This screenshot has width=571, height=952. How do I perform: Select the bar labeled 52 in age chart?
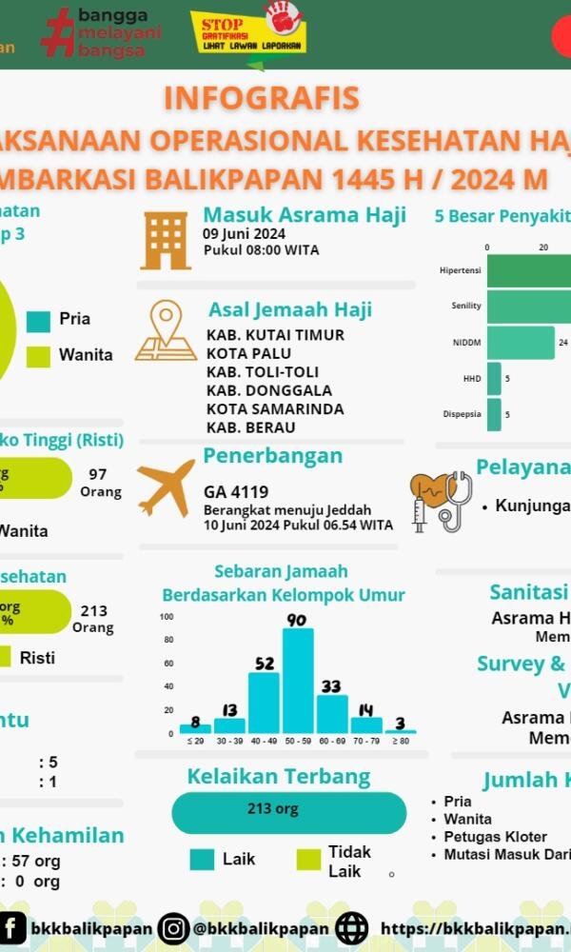pyautogui.click(x=264, y=703)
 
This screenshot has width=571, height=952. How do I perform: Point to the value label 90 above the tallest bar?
pyautogui.click(x=297, y=620)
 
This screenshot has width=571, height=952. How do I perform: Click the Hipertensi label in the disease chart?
pyautogui.click(x=460, y=269)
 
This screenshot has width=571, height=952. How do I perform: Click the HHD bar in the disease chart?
pyautogui.click(x=494, y=378)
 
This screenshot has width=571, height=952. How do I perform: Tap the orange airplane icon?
pyautogui.click(x=166, y=487)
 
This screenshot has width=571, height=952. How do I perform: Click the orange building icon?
pyautogui.click(x=166, y=239)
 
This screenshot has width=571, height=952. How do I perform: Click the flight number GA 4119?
pyautogui.click(x=236, y=492)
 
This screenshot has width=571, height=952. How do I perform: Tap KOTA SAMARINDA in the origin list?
pyautogui.click(x=275, y=408)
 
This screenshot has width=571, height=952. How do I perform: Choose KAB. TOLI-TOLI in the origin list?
pyautogui.click(x=262, y=371)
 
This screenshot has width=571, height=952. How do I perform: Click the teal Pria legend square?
pyautogui.click(x=38, y=321)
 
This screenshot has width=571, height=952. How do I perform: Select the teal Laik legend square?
pyautogui.click(x=202, y=860)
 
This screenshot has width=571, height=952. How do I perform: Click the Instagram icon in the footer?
pyautogui.click(x=174, y=928)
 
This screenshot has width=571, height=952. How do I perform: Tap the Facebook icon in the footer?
pyautogui.click(x=12, y=928)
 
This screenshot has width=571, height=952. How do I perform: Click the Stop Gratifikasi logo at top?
pyautogui.click(x=248, y=38)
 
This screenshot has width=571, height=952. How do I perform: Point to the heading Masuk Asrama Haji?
pyautogui.click(x=305, y=214)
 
